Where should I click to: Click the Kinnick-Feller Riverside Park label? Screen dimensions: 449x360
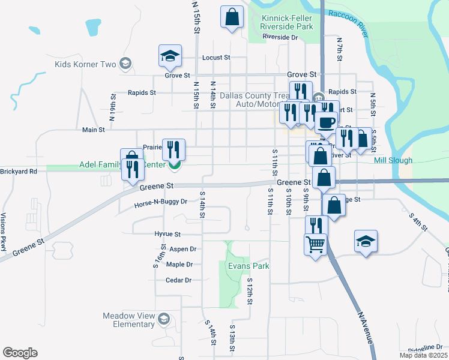[x=287, y=23]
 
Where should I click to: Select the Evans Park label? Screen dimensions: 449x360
[x=248, y=266]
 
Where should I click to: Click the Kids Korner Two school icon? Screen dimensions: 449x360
[x=125, y=64]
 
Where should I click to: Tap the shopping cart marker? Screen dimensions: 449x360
[x=316, y=244]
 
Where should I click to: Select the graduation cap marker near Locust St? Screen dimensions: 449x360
[x=170, y=56]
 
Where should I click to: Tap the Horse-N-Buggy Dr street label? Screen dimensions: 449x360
[x=161, y=202]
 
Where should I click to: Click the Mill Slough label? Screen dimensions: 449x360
[x=393, y=160]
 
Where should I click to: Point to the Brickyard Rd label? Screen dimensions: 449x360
[x=19, y=171]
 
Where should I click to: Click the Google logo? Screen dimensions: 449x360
[x=20, y=352]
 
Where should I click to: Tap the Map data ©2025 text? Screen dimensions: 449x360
[x=423, y=355]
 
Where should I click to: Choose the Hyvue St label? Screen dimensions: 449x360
[x=167, y=234]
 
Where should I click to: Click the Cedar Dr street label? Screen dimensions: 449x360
[x=178, y=280]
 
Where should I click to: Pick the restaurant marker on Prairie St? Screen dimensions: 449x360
[x=174, y=150]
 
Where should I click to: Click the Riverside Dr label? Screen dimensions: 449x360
[x=280, y=37]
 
